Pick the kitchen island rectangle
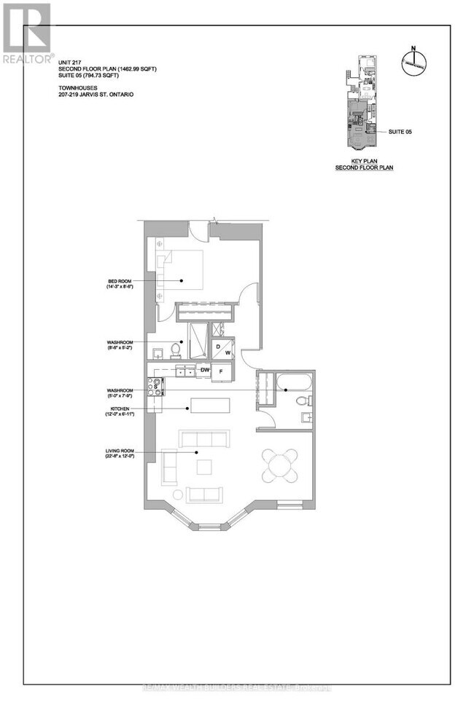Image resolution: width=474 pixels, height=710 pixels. click(x=210, y=406)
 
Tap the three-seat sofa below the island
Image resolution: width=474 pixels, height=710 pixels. click(x=202, y=439)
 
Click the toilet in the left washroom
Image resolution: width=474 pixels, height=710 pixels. click(x=175, y=351)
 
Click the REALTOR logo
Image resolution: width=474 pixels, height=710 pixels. click(x=27, y=33)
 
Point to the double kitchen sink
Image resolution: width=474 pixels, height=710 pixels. click(x=184, y=372)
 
